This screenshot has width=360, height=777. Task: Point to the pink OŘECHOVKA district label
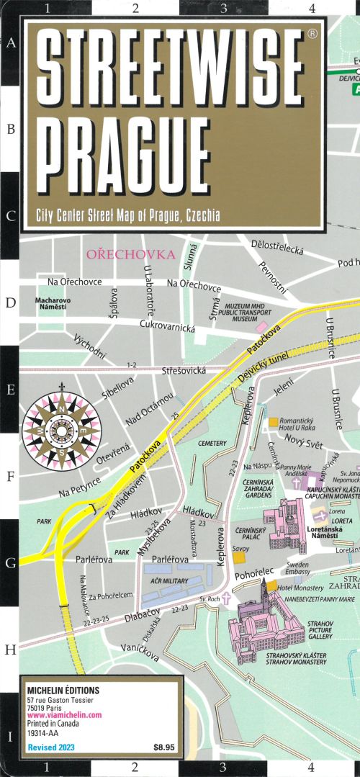tap(130, 254)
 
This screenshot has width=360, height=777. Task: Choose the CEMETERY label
tap(212, 444)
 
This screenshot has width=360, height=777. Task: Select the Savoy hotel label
tap(240, 549)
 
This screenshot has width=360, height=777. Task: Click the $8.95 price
tap(163, 747)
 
